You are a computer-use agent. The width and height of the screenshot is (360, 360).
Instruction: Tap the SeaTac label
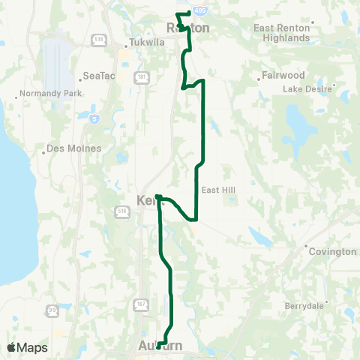pyautogui.click(x=97, y=76)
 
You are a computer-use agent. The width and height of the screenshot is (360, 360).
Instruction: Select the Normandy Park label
pyautogui.click(x=43, y=96)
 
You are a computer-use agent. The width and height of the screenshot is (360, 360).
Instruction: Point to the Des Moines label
pyautogui.click(x=73, y=148)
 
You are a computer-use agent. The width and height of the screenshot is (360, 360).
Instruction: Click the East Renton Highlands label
pyautogui.click(x=281, y=32)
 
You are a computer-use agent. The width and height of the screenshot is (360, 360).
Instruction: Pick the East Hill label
pyautogui.click(x=219, y=190)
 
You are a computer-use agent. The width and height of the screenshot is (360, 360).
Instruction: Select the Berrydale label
pyautogui.click(x=304, y=306)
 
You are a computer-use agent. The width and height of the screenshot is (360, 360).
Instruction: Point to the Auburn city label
pyautogui.click(x=160, y=346)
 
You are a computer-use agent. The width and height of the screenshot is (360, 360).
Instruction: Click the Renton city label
pyautogui.click(x=187, y=28)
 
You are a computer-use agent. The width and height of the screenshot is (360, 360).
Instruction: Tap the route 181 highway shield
pyautogui.click(x=142, y=76)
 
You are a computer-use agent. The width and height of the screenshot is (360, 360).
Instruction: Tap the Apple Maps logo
pyautogui.click(x=27, y=347)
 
